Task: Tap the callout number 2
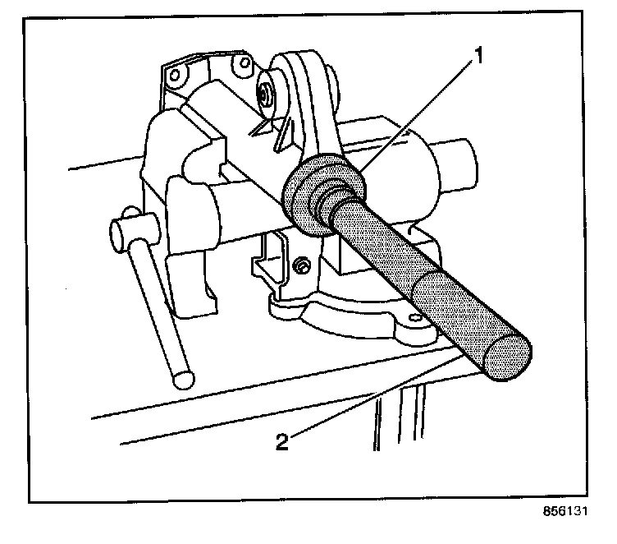click(281, 442)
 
